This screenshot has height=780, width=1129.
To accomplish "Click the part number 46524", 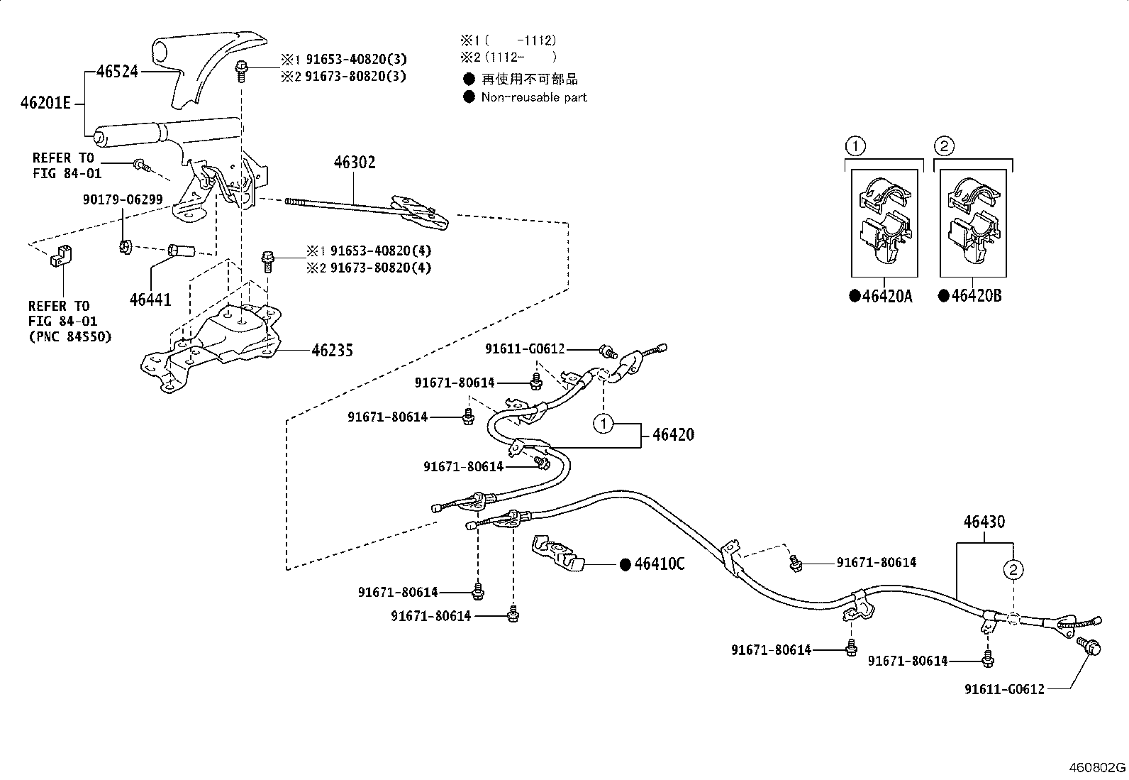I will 117,71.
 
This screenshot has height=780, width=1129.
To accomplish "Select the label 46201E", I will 46,103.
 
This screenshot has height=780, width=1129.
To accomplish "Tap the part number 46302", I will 355,163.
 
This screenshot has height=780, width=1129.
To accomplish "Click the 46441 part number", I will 150,300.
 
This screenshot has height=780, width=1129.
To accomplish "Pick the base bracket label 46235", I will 332,350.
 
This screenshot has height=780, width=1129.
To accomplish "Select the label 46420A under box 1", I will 887,297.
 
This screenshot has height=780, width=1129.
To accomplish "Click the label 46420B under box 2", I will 976,296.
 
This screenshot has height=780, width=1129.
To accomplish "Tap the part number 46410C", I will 660,564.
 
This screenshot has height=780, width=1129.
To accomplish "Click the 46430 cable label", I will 984,522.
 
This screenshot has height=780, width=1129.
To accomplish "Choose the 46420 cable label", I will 673,434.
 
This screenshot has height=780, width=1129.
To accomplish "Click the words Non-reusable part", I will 534,97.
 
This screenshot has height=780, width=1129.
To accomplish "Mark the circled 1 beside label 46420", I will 602,424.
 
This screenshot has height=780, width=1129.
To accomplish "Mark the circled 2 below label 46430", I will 1013,569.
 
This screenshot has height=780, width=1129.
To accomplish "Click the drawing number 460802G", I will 1098,768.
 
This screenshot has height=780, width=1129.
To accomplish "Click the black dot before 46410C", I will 625,564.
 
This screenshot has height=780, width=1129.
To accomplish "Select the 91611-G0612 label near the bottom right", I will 1004,689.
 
